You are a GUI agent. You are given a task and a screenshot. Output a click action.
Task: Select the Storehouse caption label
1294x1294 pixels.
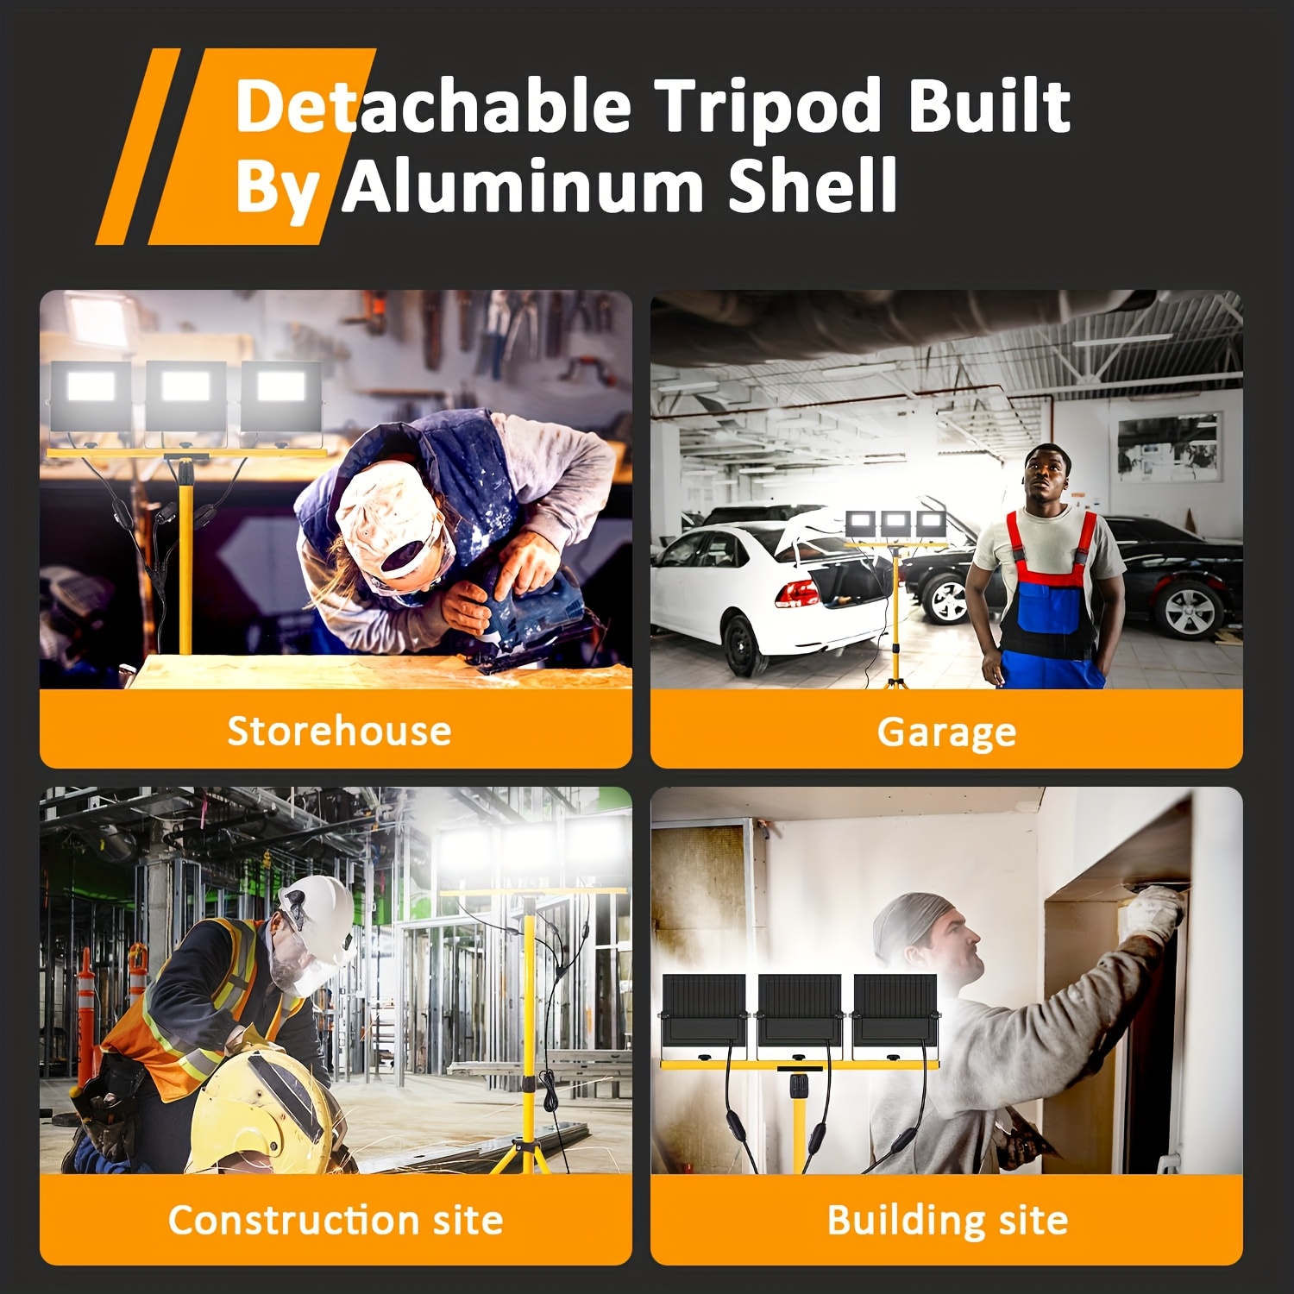[339, 731]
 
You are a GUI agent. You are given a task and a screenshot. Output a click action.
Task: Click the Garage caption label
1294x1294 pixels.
[946, 732]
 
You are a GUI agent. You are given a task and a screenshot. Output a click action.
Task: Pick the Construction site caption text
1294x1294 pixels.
[336, 1220]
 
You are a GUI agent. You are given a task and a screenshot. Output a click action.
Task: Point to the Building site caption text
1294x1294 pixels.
[947, 1221]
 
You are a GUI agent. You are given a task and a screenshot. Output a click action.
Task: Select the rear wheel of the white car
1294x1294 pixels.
[744, 644]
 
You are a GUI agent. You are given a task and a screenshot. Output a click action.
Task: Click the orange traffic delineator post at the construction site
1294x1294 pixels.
[86, 1018]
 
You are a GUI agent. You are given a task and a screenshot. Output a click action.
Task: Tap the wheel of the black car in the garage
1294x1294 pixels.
[1189, 606]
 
